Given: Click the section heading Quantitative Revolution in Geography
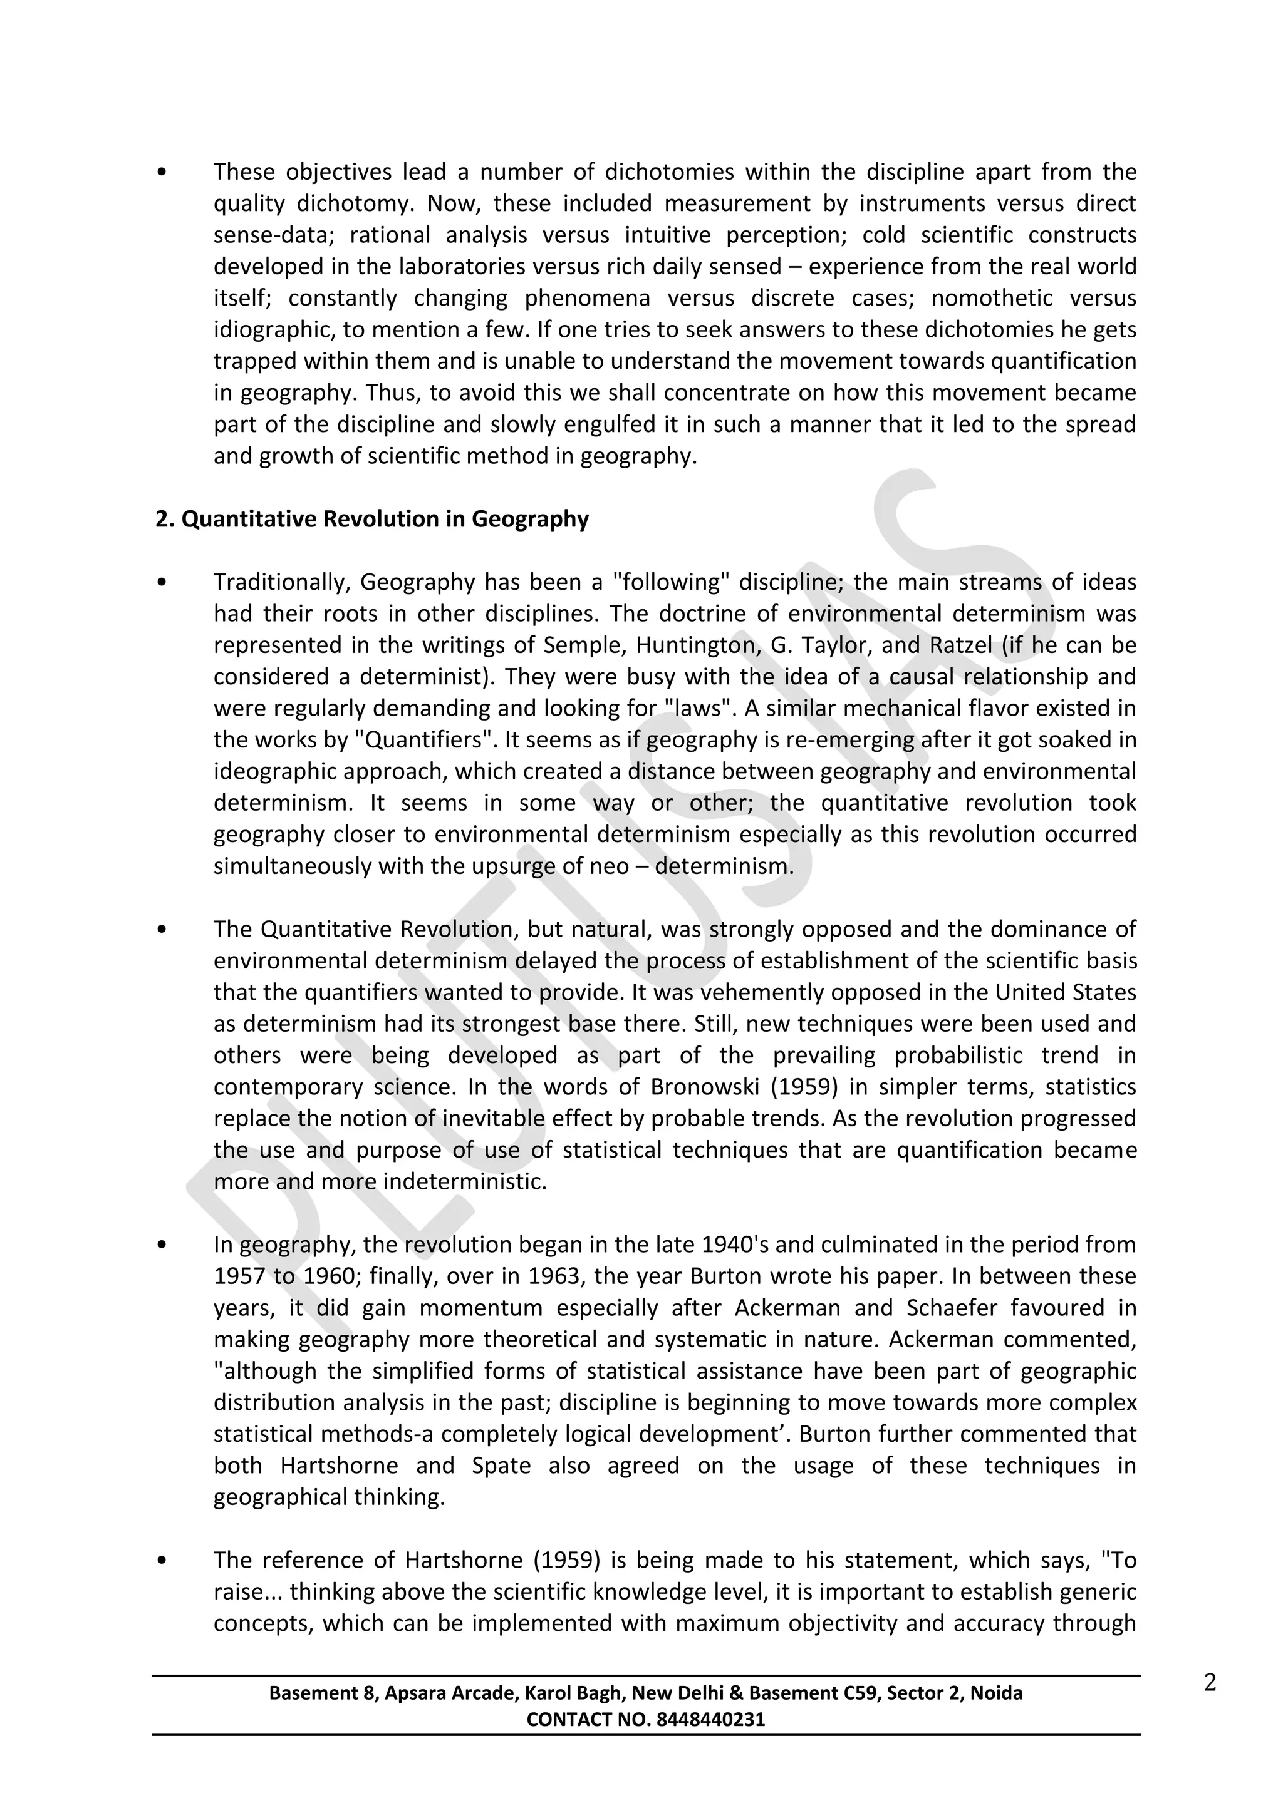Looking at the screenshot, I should [372, 520].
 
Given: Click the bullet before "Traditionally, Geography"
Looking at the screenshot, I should [162, 583].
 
